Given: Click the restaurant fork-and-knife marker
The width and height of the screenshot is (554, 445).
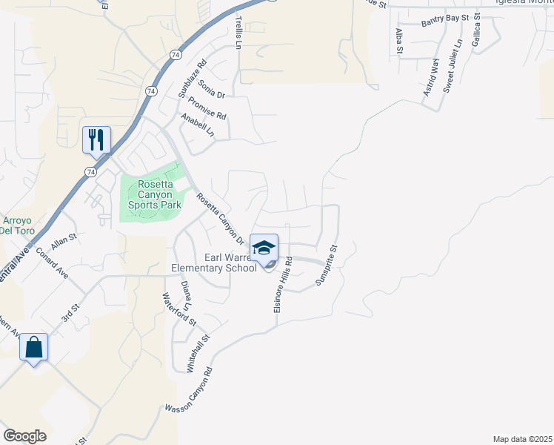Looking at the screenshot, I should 96,139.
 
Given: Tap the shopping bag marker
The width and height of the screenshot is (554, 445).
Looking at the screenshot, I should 34,347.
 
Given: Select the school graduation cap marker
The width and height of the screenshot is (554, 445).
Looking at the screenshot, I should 264,248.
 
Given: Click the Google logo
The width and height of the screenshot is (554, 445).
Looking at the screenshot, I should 24,435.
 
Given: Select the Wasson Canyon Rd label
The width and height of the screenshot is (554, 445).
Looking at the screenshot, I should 189,390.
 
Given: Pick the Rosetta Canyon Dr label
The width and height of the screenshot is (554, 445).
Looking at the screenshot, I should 221,219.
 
